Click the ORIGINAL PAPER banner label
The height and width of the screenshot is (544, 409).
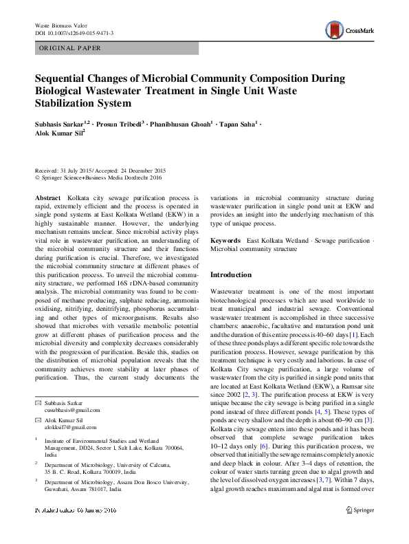coord(70,48)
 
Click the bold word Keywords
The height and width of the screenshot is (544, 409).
coord(225,241)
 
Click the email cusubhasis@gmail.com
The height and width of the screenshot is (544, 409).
coord(72,410)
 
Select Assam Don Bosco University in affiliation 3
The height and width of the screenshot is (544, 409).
coord(148,483)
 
